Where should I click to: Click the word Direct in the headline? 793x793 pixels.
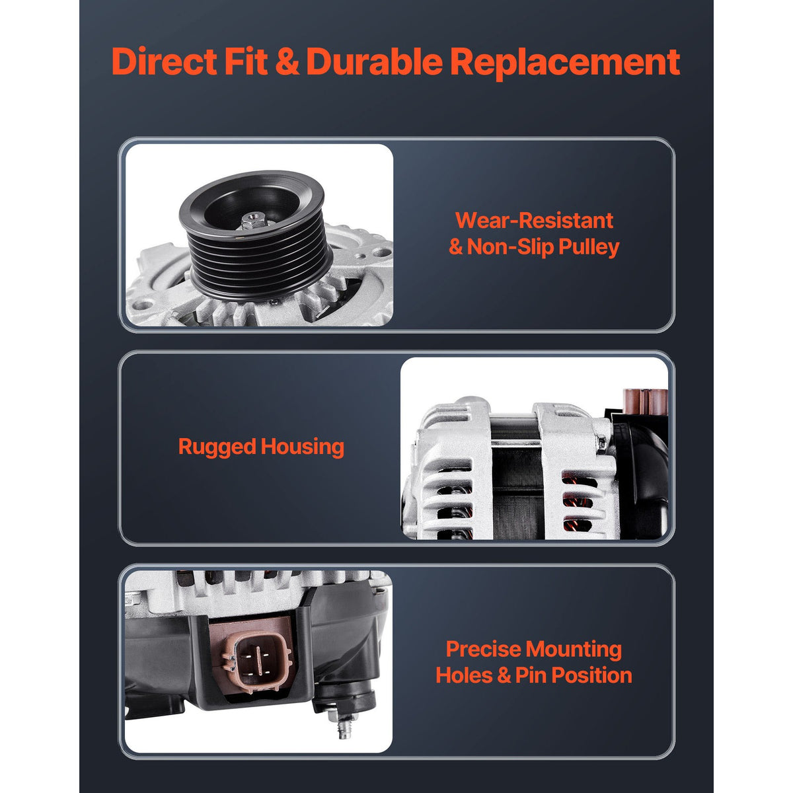click(164, 61)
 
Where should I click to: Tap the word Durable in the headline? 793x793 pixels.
click(374, 61)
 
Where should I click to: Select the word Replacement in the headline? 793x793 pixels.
click(564, 63)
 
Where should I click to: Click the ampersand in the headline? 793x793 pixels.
click(287, 62)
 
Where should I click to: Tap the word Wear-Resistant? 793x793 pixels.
click(534, 221)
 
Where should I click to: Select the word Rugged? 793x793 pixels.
click(217, 447)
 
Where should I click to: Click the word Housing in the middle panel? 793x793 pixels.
click(303, 447)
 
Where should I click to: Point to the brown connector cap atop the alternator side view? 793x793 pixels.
click(644, 400)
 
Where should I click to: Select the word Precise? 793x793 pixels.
click(484, 650)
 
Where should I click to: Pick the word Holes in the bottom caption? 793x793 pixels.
click(464, 676)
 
